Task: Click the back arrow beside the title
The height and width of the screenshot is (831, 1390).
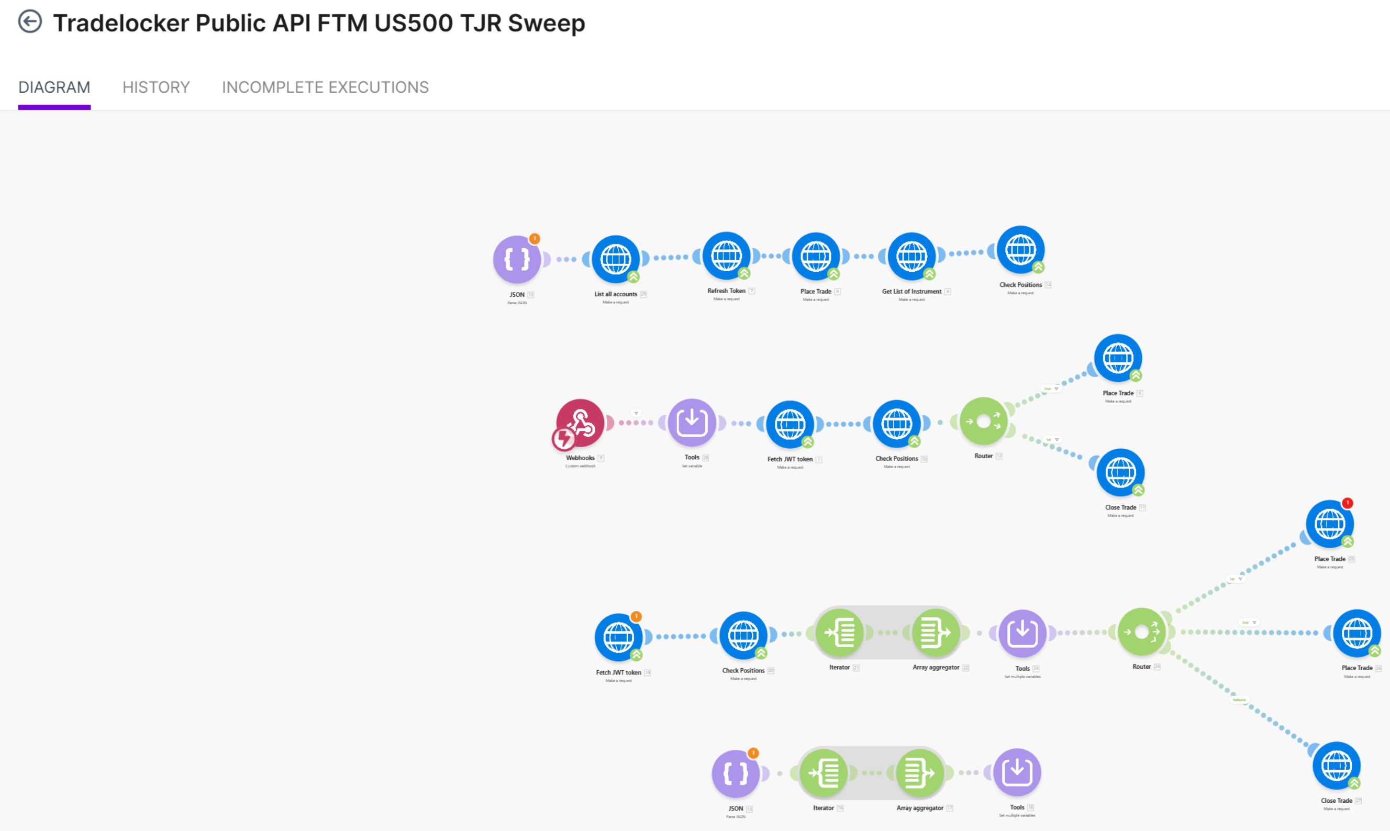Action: point(30,22)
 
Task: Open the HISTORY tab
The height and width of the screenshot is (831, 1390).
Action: point(155,87)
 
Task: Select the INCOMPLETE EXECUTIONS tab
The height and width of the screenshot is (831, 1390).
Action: point(325,87)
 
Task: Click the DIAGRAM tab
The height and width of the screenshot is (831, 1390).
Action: point(54,87)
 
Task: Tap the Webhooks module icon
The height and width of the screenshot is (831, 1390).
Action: point(581,422)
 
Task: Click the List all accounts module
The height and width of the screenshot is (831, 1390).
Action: point(615,259)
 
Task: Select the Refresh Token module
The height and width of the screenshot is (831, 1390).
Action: point(726,256)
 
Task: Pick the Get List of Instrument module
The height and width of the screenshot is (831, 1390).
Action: point(911,257)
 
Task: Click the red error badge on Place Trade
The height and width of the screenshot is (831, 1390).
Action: point(1348,503)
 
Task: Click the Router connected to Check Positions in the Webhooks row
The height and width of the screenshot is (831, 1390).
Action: point(983,421)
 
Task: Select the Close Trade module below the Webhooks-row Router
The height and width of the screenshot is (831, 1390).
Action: point(1120,472)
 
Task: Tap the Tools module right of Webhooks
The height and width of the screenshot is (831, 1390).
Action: point(692,422)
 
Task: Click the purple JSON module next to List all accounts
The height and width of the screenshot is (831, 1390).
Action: point(516,259)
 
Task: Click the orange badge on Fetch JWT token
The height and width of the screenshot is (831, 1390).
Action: point(636,616)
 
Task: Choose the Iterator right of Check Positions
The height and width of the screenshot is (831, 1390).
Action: point(839,633)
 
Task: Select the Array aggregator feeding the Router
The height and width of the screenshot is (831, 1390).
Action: point(936,633)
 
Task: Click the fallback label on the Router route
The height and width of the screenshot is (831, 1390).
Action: point(1239,700)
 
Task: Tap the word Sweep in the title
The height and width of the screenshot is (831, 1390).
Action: point(546,24)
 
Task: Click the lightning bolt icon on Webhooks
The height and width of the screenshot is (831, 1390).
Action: point(563,439)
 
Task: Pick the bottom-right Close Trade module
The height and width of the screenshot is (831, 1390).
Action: point(1336,766)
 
